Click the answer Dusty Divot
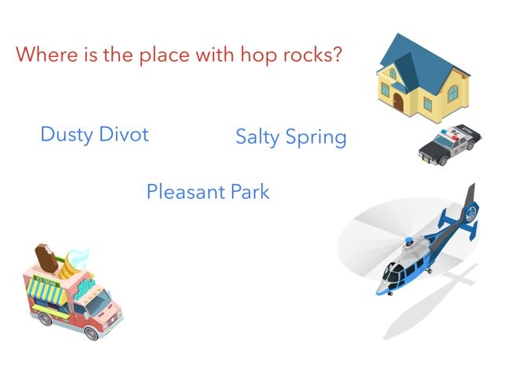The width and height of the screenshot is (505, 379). pos(95,134)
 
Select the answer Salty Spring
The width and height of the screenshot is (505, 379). pos(291,137)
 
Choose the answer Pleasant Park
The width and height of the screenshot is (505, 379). pos(208,192)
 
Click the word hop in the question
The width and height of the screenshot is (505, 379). pos(259,55)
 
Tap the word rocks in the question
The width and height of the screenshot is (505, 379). pos(308,54)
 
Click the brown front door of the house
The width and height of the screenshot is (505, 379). pos(398,101)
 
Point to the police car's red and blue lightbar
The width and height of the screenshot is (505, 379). pos(450,135)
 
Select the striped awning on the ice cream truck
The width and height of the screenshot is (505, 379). pos(46,293)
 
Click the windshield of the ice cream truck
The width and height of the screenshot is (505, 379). pos(98,302)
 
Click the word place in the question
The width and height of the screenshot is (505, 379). pos(164,55)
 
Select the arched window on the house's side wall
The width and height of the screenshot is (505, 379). pos(453,92)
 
